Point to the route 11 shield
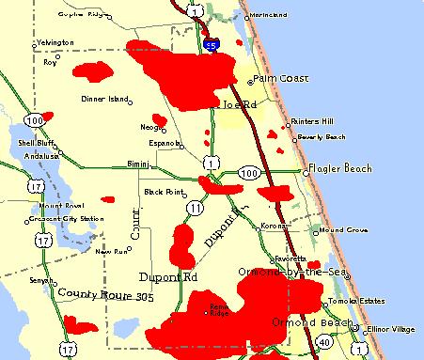pos(195,207)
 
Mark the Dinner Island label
pos(105,99)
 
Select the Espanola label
pos(165,143)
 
